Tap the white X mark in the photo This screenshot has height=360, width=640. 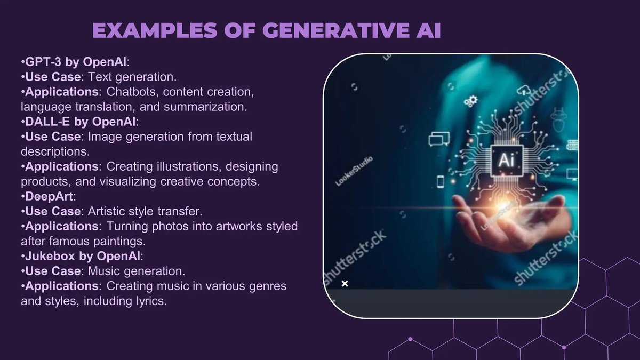[345, 283]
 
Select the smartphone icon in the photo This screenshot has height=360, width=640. [441, 181]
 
